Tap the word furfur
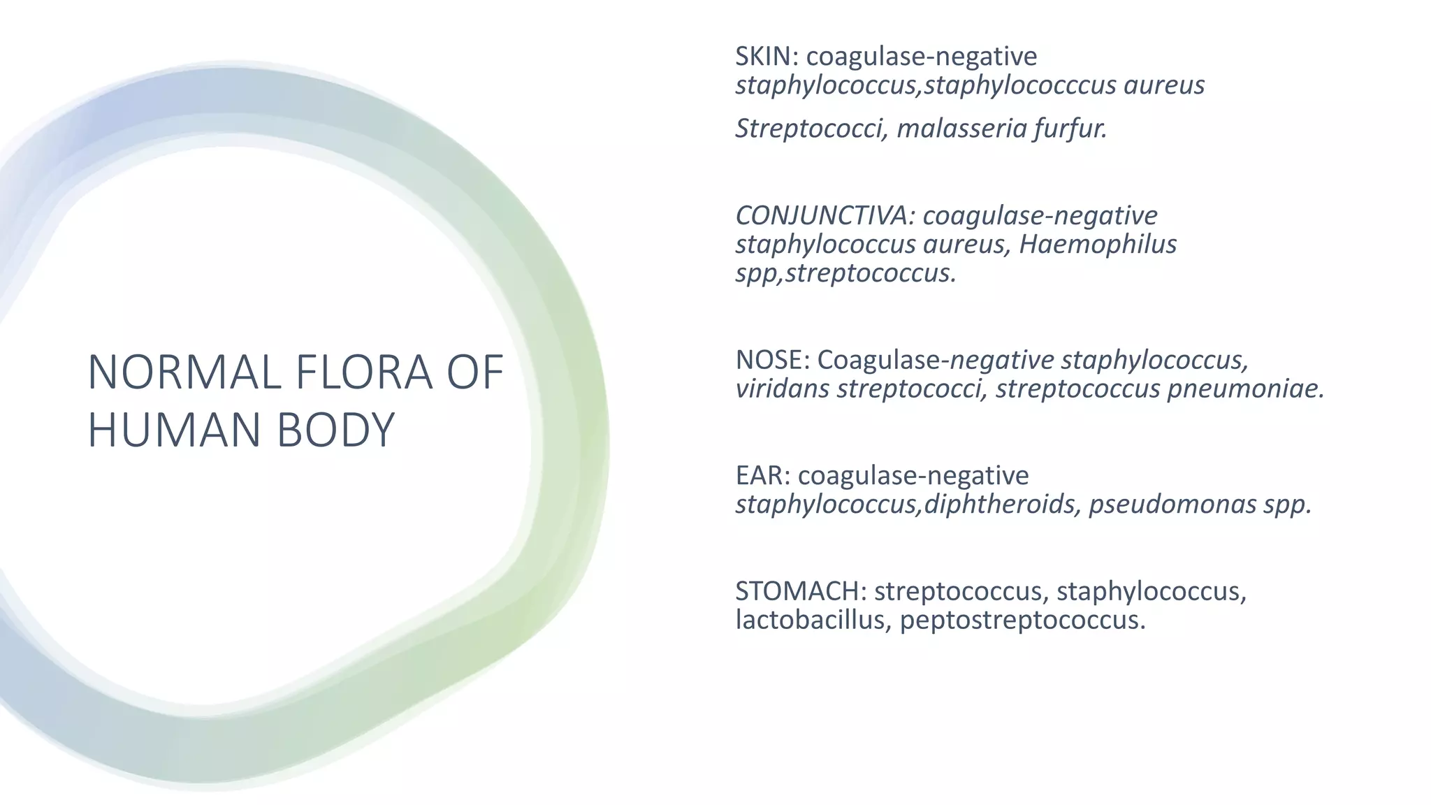[x=1070, y=129]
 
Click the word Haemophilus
[x=1098, y=245]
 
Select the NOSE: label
[x=772, y=360]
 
